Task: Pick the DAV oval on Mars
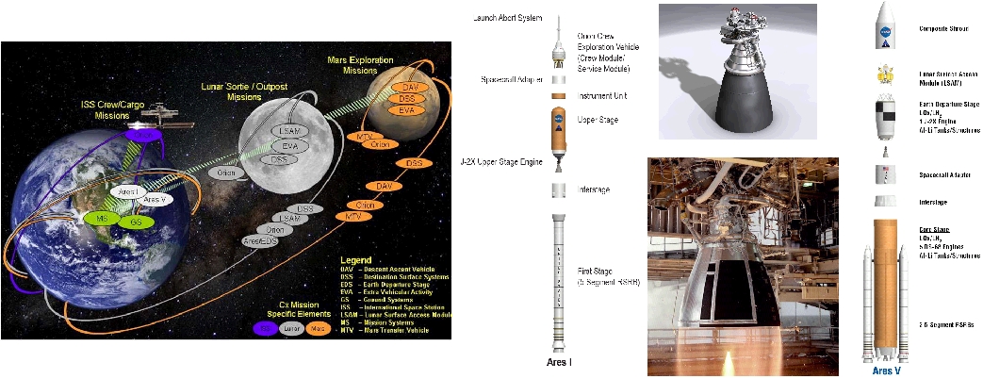(409, 87)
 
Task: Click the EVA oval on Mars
(408, 110)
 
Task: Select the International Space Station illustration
(162, 113)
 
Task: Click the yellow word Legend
(358, 257)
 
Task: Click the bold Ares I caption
(562, 361)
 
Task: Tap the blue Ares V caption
(886, 371)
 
